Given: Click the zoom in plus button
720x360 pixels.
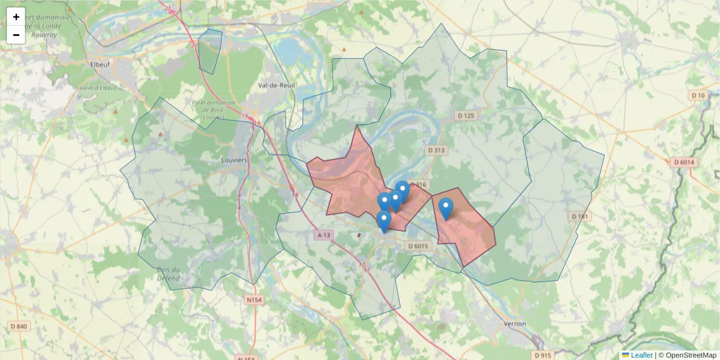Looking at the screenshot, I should (16, 17).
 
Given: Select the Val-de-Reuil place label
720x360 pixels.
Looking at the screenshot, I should (277, 85).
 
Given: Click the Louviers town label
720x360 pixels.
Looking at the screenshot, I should (234, 160).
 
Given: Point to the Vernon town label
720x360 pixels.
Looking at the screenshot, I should (514, 323).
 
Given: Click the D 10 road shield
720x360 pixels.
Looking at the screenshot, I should (699, 95).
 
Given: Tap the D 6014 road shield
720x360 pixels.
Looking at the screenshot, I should (684, 162).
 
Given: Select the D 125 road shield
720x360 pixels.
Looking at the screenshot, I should (466, 115).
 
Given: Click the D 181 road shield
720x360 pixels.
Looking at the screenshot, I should (580, 216).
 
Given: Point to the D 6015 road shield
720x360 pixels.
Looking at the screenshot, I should (418, 246).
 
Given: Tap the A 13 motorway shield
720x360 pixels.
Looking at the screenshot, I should (324, 235).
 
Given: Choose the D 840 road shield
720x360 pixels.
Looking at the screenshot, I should (19, 326).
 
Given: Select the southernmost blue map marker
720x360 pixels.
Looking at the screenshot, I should (384, 221).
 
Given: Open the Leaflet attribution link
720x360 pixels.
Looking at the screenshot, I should (641, 355).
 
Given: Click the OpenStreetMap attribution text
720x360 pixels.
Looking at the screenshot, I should (691, 355).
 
